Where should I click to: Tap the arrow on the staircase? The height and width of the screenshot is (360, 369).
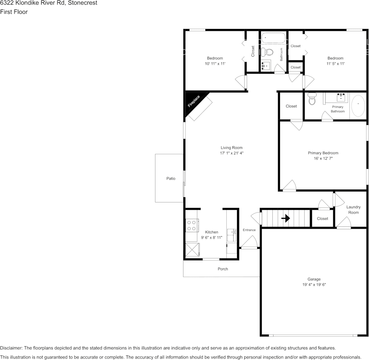(286, 218)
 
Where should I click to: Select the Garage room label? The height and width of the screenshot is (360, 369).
(314, 279)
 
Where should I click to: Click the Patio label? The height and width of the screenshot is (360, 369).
(171, 178)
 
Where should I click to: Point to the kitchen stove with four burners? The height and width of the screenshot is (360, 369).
(191, 226)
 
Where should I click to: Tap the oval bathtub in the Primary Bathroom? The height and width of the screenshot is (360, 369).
(358, 106)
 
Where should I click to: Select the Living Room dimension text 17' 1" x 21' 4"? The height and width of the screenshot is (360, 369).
(231, 153)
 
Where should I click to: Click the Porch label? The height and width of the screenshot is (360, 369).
(223, 269)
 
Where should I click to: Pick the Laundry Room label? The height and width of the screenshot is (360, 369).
(353, 210)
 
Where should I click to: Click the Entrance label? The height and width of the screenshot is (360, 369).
(249, 230)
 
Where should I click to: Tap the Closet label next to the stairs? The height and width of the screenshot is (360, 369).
(322, 218)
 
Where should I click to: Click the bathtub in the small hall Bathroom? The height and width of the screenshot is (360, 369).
(274, 38)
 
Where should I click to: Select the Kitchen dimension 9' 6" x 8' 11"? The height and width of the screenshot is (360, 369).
(212, 237)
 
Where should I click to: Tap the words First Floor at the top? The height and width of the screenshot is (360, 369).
(14, 12)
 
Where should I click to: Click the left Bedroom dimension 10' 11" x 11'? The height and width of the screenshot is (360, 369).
(215, 64)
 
